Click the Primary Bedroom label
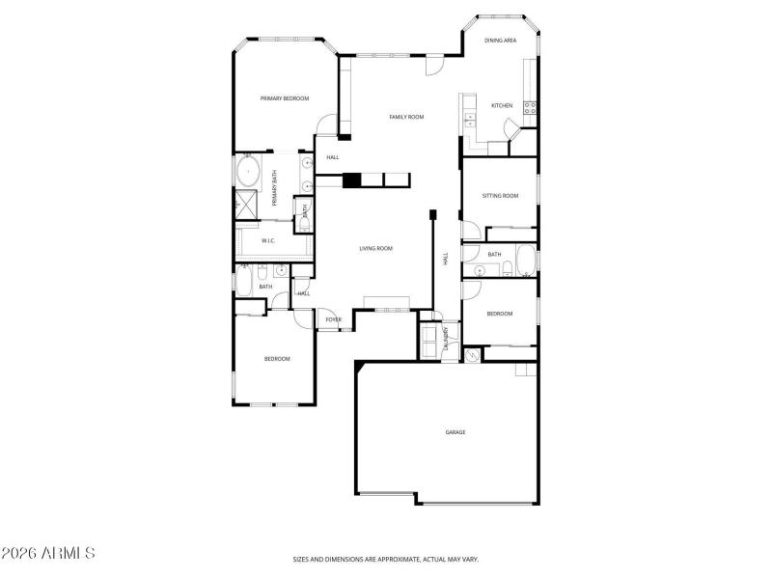coord(284,98)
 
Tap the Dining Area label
coord(501,41)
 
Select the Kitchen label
coord(501,105)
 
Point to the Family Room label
coord(406,117)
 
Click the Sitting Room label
coord(500,196)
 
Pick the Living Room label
coord(375,249)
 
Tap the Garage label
coord(455,432)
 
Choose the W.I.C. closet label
coord(268,240)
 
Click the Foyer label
coord(333,319)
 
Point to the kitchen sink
coord(470,120)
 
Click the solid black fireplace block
coord(352,179)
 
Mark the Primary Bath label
coord(274,188)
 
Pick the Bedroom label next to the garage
coord(499,314)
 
